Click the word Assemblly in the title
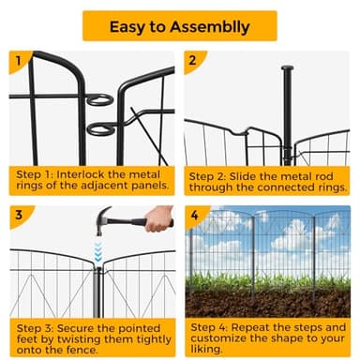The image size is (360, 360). [x=210, y=27]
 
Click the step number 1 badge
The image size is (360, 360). [x=19, y=61]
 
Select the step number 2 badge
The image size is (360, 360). [x=193, y=61]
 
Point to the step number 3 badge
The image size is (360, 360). [x=19, y=216]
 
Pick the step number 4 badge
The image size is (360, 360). [x=195, y=216]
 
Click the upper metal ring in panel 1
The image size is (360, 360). [x=99, y=99]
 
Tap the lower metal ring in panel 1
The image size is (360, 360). [x=100, y=129]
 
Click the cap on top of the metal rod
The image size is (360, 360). [x=287, y=68]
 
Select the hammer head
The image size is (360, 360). [x=103, y=218]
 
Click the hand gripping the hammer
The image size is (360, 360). [x=158, y=218]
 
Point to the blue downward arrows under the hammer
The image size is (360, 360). [x=98, y=251]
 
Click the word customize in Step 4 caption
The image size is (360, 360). [x=217, y=338]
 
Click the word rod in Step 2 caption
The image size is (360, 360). [x=324, y=176]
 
